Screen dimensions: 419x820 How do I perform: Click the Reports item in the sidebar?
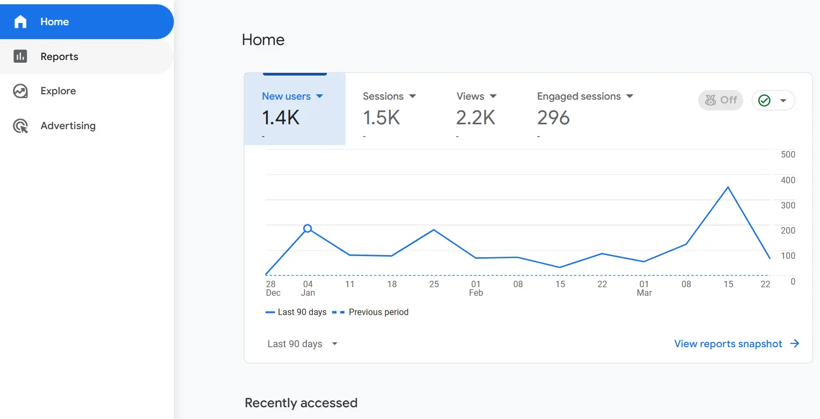click(59, 57)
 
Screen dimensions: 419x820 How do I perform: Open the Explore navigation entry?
click(58, 91)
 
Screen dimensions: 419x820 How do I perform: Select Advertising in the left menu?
click(68, 126)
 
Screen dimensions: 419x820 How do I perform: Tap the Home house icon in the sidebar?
click(20, 22)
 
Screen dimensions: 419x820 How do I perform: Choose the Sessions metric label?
click(383, 96)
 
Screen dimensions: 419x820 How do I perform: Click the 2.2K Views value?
click(475, 117)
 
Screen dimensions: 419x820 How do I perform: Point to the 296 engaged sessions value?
click(553, 117)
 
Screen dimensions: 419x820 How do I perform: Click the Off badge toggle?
click(721, 100)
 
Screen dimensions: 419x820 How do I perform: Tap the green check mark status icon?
click(764, 100)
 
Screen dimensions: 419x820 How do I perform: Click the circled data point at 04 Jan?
click(307, 229)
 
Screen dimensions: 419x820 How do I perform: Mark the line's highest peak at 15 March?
click(728, 187)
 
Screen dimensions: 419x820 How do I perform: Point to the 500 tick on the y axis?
click(788, 155)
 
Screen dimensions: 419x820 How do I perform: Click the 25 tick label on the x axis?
click(434, 284)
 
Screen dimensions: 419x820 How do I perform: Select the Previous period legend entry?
click(378, 312)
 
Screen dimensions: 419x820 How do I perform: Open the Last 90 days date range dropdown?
click(302, 344)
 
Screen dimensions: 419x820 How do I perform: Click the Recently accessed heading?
click(301, 403)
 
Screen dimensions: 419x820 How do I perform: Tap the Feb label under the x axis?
click(475, 293)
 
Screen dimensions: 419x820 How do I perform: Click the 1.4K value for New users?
click(281, 117)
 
